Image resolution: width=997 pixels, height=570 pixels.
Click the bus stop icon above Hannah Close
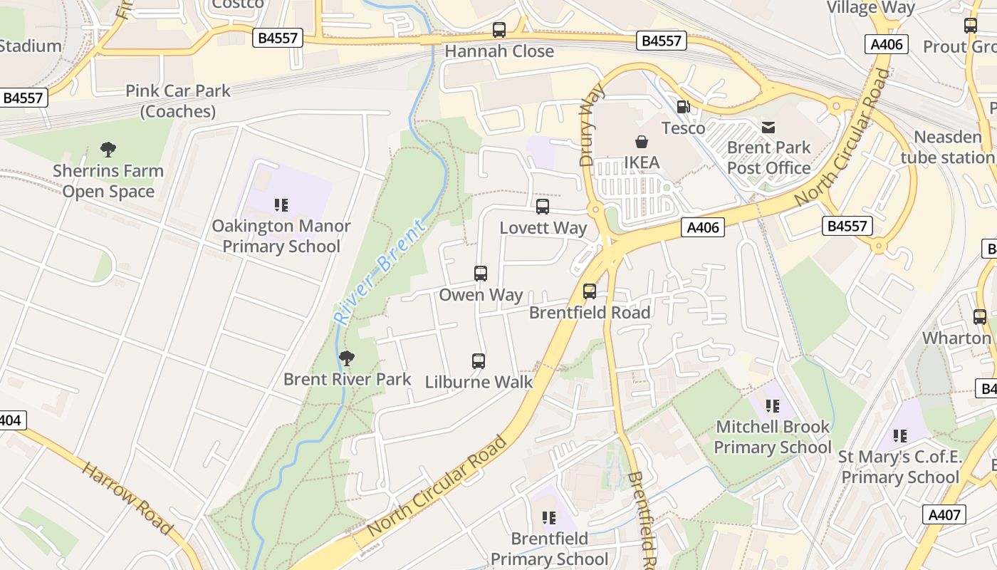(x=499, y=30)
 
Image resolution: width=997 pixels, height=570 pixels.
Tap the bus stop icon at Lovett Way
(x=543, y=207)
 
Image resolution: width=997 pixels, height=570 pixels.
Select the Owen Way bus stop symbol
(x=481, y=274)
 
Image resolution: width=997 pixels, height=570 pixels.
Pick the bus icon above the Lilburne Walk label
(x=479, y=361)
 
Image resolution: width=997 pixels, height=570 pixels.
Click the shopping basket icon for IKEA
(x=642, y=142)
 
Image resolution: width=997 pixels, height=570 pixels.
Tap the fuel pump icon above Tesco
(x=683, y=107)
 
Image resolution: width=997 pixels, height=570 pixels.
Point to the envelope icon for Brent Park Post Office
(x=768, y=128)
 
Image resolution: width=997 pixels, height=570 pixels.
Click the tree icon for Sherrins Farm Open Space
(x=108, y=150)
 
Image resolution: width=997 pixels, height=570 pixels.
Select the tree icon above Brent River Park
(x=347, y=358)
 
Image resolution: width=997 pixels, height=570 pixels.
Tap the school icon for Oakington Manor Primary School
(x=281, y=206)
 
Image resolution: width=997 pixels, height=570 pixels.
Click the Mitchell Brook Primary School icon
(x=773, y=407)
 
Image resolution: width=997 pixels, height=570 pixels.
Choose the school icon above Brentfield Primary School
(x=548, y=518)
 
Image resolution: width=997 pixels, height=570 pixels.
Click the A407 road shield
(x=944, y=514)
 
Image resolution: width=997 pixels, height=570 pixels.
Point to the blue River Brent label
(x=381, y=272)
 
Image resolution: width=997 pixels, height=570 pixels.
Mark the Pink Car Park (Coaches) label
(x=178, y=101)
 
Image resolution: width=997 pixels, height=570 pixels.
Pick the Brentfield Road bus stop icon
(x=590, y=291)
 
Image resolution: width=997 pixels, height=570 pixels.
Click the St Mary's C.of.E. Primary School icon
(x=900, y=436)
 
